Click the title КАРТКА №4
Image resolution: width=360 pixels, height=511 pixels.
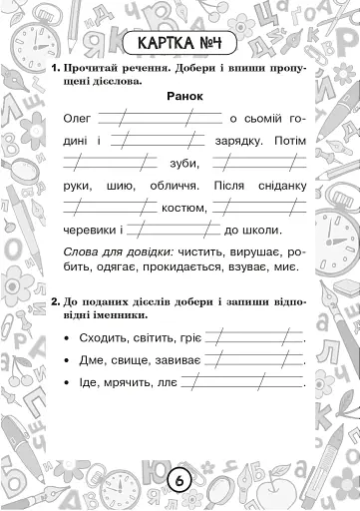[x=180, y=45]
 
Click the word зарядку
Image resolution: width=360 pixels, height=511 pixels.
[x=234, y=141]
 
